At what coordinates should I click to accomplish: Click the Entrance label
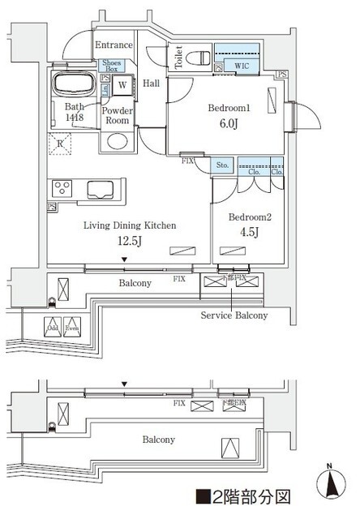(114, 45)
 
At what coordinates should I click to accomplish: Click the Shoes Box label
(111, 66)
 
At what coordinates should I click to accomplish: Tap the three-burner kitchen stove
(62, 188)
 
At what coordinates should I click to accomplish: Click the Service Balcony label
(234, 315)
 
